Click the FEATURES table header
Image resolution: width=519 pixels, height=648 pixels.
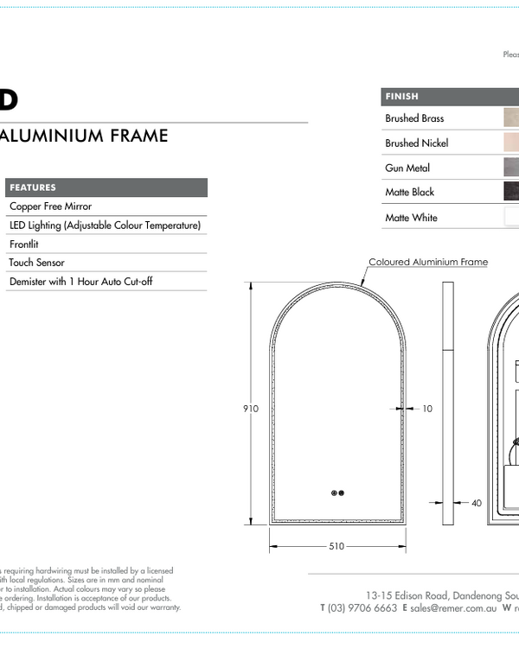click(33, 187)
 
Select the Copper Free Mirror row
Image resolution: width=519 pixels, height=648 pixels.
click(50, 206)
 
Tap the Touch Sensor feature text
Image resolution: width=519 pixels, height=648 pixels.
click(37, 263)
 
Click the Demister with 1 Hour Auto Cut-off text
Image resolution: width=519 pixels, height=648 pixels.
click(80, 282)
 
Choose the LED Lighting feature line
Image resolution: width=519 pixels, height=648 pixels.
click(105, 226)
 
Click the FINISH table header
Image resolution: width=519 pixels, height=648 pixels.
click(402, 97)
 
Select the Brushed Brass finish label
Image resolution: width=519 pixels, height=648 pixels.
click(414, 118)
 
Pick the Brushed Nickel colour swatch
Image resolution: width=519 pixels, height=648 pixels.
click(511, 143)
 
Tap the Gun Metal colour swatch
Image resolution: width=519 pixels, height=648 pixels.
click(511, 168)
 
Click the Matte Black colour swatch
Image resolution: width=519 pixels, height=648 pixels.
click(511, 192)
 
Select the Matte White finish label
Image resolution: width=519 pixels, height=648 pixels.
click(411, 218)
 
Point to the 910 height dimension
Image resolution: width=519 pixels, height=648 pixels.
click(251, 409)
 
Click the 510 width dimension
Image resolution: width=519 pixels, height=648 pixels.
click(336, 546)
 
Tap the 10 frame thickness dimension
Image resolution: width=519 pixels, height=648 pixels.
click(427, 409)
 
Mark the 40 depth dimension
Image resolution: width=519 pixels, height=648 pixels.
click(477, 503)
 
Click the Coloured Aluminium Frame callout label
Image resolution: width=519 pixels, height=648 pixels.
click(428, 262)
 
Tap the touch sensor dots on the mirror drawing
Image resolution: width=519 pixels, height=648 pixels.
click(337, 493)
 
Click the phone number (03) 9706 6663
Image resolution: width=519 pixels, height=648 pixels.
click(362, 608)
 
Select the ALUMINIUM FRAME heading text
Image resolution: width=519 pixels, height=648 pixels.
click(84, 136)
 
